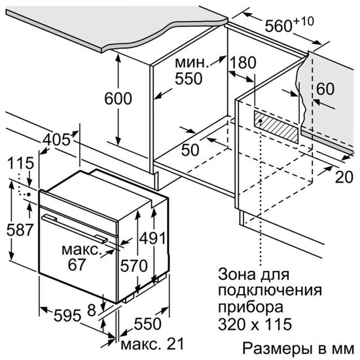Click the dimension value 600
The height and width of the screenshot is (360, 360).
pyautogui.click(x=118, y=99)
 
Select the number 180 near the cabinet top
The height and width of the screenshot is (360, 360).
pyautogui.click(x=243, y=63)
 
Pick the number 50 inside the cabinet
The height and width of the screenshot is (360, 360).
pyautogui.click(x=190, y=150)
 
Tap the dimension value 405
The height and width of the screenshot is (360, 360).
pyautogui.click(x=58, y=141)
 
